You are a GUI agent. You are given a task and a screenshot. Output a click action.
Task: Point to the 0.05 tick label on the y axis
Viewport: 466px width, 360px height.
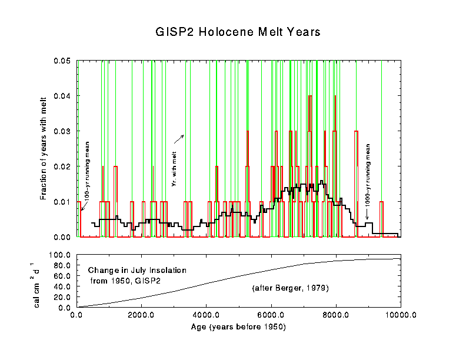coord(62,61)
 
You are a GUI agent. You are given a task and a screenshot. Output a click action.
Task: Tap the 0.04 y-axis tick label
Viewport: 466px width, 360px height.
coord(62,96)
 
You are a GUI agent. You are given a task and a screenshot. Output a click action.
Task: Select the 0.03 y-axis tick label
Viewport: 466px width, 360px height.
coord(62,131)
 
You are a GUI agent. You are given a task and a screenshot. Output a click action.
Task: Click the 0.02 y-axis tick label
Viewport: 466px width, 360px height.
coord(62,166)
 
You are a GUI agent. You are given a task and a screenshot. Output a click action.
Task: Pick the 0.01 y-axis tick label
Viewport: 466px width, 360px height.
coord(62,202)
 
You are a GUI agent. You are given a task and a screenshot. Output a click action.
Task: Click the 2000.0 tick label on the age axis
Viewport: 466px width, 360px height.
coord(141,315)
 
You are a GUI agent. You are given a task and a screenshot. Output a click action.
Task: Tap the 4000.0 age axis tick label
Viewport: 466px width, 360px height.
coord(206,315)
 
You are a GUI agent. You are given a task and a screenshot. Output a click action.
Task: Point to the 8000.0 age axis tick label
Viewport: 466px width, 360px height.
coord(336,315)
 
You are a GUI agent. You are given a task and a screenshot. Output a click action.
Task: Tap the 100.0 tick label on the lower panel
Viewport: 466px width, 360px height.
coord(61,255)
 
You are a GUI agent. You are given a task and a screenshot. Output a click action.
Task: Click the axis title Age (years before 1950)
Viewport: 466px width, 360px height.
coord(238,326)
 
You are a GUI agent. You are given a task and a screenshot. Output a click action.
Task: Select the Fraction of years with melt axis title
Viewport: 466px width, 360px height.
coord(44,148)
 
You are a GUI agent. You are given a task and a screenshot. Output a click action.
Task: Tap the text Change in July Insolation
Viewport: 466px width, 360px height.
coord(137,270)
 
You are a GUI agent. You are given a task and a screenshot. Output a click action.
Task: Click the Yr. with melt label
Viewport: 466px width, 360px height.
coord(174,168)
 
